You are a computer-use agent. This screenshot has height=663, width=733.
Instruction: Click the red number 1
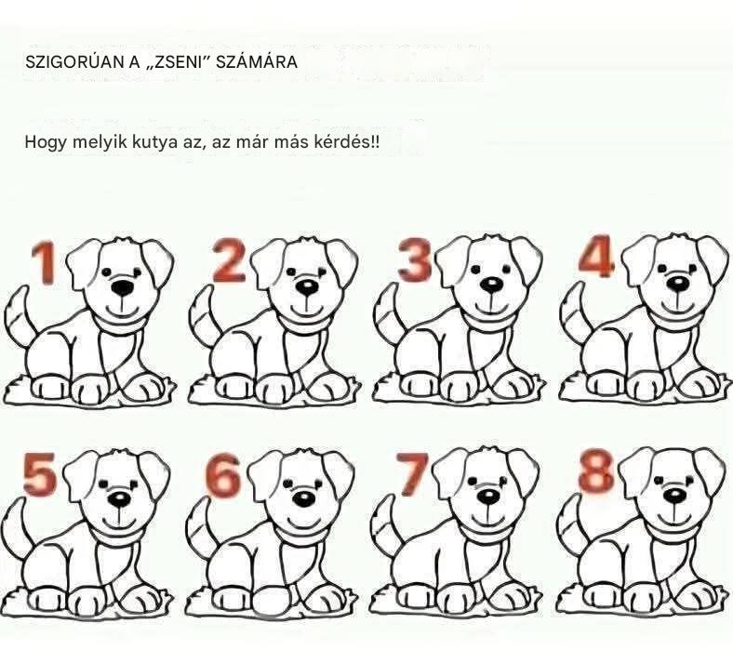click(x=45, y=262)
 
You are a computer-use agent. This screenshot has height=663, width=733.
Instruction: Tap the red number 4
click(x=595, y=255)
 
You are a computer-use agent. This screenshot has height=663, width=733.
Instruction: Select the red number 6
click(x=223, y=476)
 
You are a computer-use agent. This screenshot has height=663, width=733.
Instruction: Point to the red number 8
click(x=595, y=470)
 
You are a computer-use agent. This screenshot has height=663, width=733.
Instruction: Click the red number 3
click(x=415, y=259)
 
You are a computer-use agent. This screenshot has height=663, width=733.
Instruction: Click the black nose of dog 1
click(x=123, y=287)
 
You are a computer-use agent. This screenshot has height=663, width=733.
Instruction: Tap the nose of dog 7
click(x=488, y=497)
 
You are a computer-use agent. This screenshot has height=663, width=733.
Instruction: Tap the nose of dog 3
click(x=492, y=284)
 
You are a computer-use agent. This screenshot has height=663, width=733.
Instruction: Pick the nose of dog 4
click(x=677, y=283)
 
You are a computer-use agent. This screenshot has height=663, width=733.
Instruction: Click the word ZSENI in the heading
click(x=178, y=61)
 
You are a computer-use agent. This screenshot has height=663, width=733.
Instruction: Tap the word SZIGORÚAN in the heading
click(x=75, y=61)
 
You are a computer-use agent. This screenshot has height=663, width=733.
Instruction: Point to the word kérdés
click(x=345, y=141)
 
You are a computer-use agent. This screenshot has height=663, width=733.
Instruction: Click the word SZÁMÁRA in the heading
click(x=257, y=61)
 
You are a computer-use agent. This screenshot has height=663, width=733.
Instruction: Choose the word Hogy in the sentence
click(x=46, y=141)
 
